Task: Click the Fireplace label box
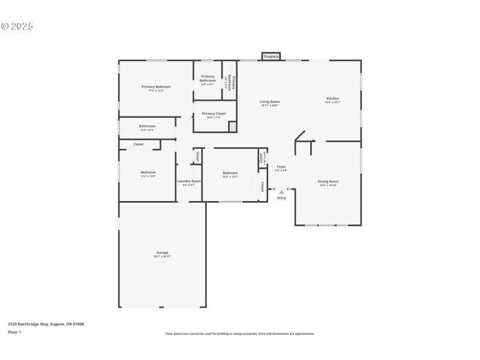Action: click(x=271, y=56)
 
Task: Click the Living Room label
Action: click(x=269, y=101)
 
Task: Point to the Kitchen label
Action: click(x=332, y=98)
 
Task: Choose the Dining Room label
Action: click(x=328, y=181)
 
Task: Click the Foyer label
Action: click(x=281, y=166)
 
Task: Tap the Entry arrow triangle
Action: click(x=281, y=192)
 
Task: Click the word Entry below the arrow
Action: click(x=281, y=198)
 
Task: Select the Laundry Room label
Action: click(x=188, y=181)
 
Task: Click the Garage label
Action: click(x=163, y=253)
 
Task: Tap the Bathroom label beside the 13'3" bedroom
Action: click(x=147, y=126)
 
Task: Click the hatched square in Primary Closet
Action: click(x=232, y=126)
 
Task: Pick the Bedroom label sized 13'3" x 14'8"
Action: click(x=148, y=172)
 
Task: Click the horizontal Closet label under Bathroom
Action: click(x=138, y=144)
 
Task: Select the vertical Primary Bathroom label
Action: click(x=229, y=82)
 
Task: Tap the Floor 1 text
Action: click(x=14, y=332)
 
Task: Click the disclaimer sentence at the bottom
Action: click(x=240, y=334)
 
